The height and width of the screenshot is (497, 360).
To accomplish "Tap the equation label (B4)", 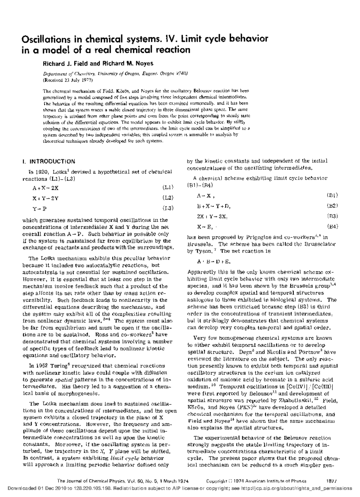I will [x=332, y=226].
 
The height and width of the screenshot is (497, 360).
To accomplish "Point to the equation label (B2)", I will [x=332, y=206].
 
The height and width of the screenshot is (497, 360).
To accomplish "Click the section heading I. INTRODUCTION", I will [x=49, y=161].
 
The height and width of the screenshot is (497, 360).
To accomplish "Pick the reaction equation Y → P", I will [x=40, y=208].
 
